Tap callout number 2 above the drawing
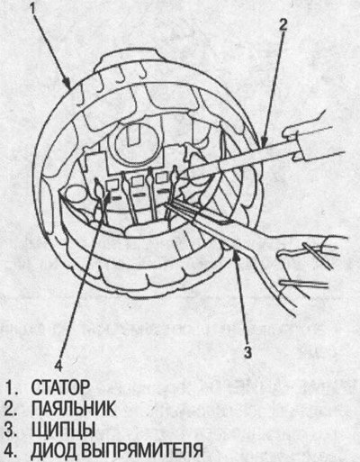coord(283,25)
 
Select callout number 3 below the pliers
coord(247,352)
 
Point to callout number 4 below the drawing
coord(58,366)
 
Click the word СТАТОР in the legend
coord(60,387)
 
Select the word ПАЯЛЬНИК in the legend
coord(74,408)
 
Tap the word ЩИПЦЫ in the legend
coord(63,430)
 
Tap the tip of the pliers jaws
coord(166,204)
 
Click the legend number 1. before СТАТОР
coord(11,387)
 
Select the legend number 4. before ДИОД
coord(11,450)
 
